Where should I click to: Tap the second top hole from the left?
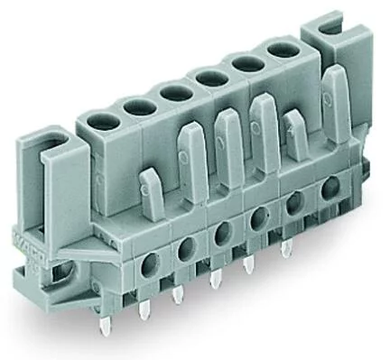pyautogui.click(x=135, y=106)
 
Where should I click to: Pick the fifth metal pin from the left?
pyautogui.click(x=248, y=263)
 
